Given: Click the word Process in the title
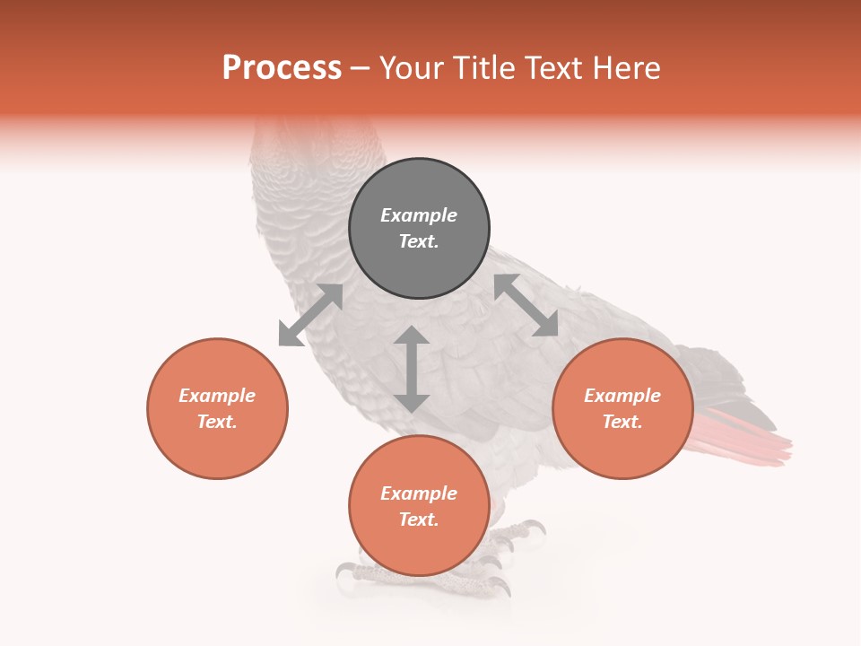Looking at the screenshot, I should coord(282,68).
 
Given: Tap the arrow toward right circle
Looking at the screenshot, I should coord(526,306).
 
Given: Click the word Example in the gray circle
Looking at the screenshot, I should coord(419,215).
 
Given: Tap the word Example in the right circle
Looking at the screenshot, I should coord(622,396).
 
